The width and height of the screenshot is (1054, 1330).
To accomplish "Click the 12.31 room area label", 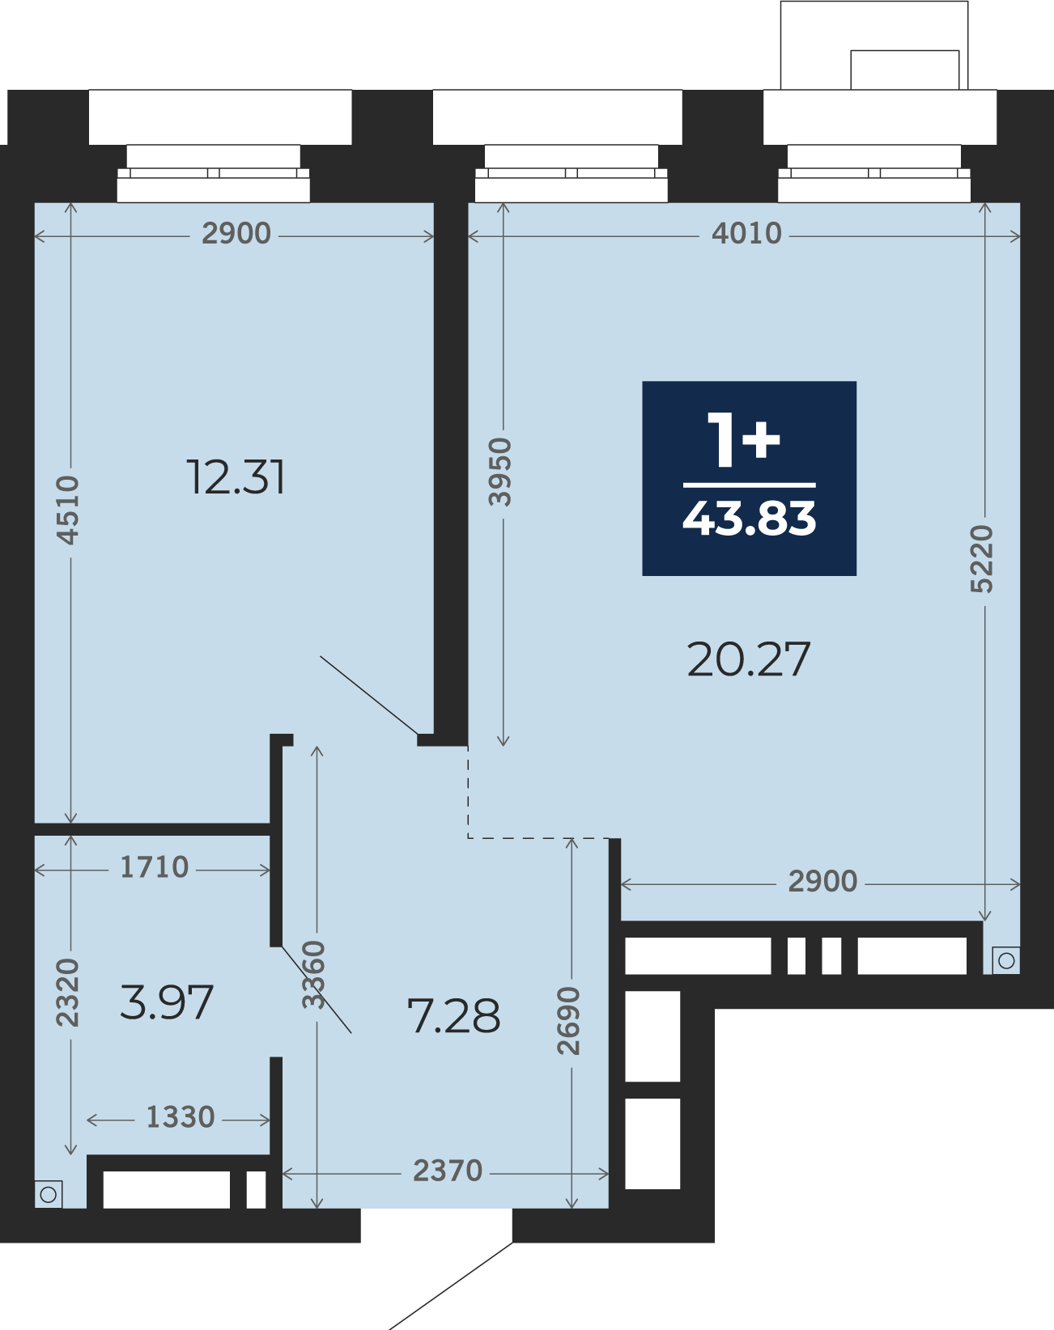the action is [236, 477].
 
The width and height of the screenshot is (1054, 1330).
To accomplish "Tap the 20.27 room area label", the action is [749, 659].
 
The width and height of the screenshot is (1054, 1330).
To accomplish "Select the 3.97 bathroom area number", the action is [167, 1002].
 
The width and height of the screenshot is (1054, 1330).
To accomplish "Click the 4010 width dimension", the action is [746, 234].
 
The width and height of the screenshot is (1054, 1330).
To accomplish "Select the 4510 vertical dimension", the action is [68, 510].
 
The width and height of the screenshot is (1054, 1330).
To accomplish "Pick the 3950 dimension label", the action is [499, 472].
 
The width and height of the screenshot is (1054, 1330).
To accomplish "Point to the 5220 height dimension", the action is [982, 559].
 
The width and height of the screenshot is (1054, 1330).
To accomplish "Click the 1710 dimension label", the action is [154, 868].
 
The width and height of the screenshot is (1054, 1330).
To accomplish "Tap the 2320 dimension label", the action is [68, 993].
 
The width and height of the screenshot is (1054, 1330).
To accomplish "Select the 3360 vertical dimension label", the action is [313, 975].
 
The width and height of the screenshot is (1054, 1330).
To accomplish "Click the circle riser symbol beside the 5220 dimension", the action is [1006, 961].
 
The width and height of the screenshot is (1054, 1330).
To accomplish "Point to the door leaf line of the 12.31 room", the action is [369, 695].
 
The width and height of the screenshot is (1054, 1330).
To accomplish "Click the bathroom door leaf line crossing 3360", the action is [317, 989].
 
